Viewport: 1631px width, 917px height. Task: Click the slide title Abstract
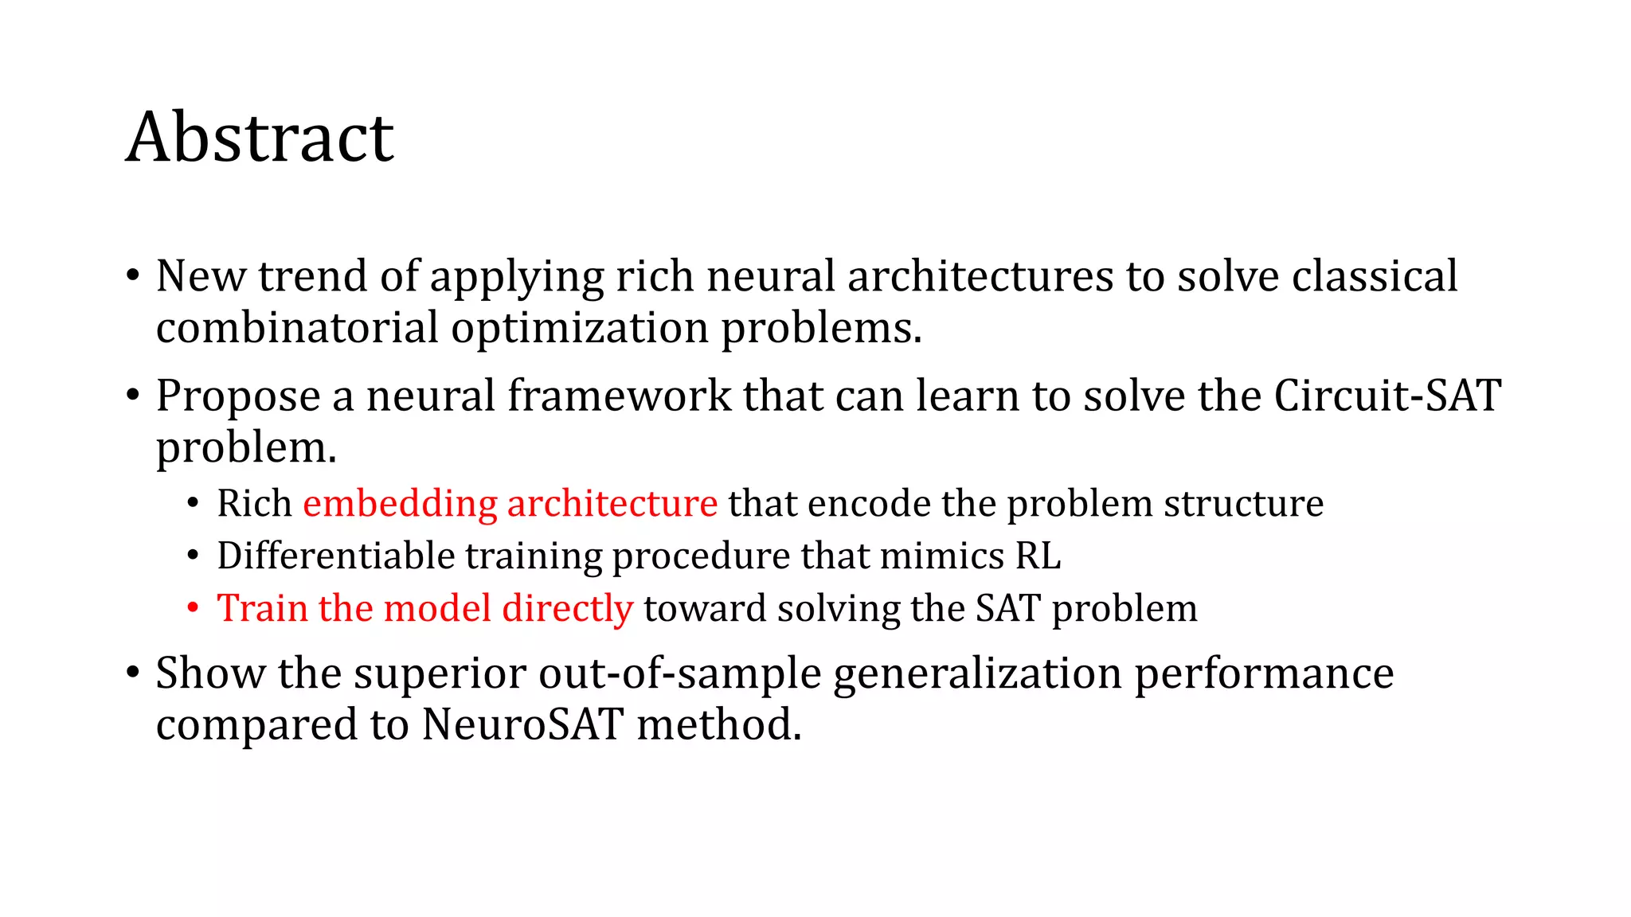pyautogui.click(x=260, y=138)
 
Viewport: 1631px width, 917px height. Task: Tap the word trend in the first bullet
pyautogui.click(x=313, y=276)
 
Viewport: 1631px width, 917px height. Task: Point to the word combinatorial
pyautogui.click(x=297, y=328)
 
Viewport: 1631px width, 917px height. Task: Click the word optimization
pyautogui.click(x=580, y=328)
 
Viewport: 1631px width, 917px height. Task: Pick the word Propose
pyautogui.click(x=238, y=396)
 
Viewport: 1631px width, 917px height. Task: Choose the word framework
pyautogui.click(x=619, y=396)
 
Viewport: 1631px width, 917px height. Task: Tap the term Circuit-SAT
pyautogui.click(x=1387, y=396)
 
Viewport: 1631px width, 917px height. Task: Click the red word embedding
pyautogui.click(x=400, y=504)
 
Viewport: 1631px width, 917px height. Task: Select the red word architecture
pyautogui.click(x=612, y=504)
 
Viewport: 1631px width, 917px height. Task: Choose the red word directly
pyautogui.click(x=567, y=609)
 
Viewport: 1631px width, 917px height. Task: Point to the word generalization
pyautogui.click(x=978, y=673)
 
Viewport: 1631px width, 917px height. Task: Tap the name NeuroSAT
pyautogui.click(x=522, y=725)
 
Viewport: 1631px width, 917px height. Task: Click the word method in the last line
pyautogui.click(x=718, y=725)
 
